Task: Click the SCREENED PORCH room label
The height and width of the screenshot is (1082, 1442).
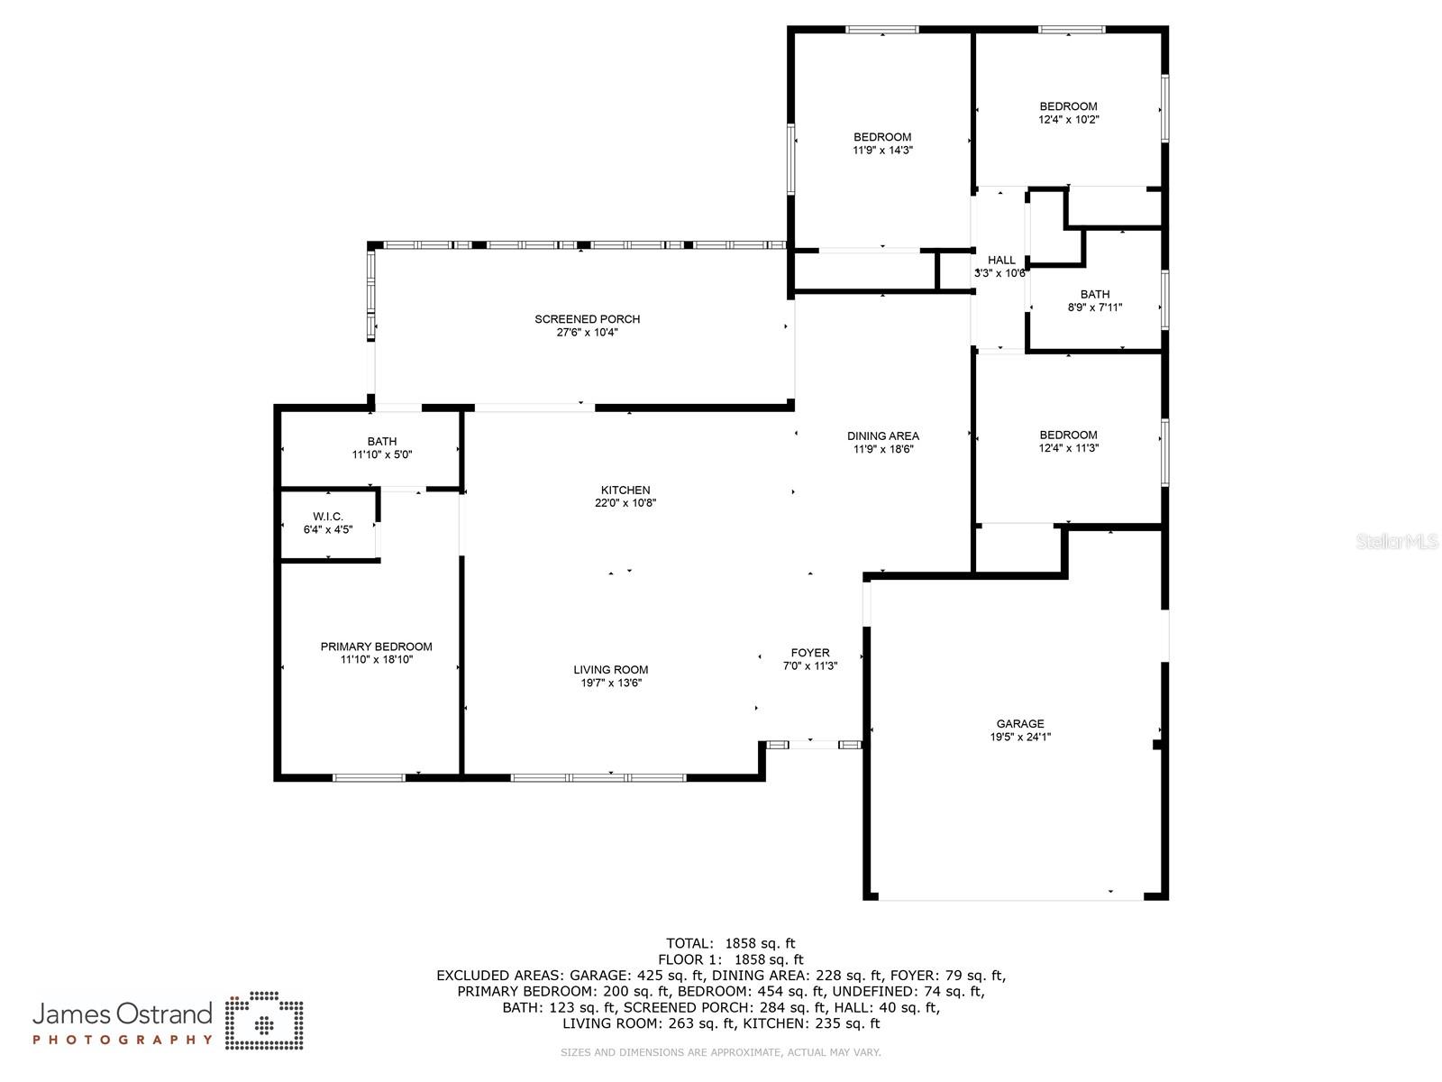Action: (x=587, y=319)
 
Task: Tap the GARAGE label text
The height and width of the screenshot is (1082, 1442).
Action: (x=1019, y=724)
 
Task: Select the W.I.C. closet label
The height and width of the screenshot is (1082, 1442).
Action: (x=328, y=517)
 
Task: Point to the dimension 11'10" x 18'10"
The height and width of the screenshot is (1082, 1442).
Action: (x=377, y=660)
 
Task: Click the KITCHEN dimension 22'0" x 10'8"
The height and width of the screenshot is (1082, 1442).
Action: (x=625, y=503)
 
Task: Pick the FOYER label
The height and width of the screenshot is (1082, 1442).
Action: (x=810, y=653)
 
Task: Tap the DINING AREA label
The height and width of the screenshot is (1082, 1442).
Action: (x=883, y=436)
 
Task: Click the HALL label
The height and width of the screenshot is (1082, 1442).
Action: (x=1001, y=261)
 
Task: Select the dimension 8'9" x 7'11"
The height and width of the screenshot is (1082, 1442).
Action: (x=1094, y=307)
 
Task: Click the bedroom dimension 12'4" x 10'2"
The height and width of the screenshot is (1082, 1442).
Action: (x=1068, y=120)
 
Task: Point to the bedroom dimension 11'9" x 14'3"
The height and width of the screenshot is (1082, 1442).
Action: (x=882, y=151)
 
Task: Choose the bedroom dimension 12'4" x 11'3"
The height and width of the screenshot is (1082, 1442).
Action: (x=1068, y=448)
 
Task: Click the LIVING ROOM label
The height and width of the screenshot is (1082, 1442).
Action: (x=610, y=670)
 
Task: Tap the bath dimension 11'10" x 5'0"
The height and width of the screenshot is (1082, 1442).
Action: (x=382, y=454)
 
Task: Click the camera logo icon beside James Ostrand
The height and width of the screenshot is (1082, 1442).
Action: (x=264, y=1021)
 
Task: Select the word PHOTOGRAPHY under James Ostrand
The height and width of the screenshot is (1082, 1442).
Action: (x=123, y=1040)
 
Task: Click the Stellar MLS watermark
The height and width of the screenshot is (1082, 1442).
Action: (x=1396, y=542)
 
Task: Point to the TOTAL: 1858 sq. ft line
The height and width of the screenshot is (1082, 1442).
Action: (x=731, y=944)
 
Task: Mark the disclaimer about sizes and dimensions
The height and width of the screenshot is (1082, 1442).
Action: (x=720, y=1052)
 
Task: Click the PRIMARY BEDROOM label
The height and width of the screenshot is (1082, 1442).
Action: (x=377, y=647)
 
